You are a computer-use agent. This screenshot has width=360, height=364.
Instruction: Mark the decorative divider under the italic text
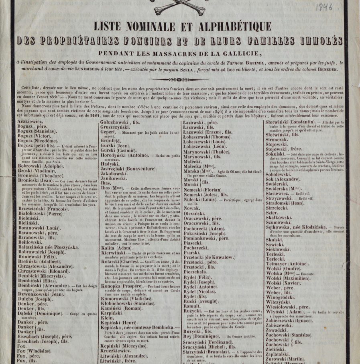(x=180, y=79)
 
